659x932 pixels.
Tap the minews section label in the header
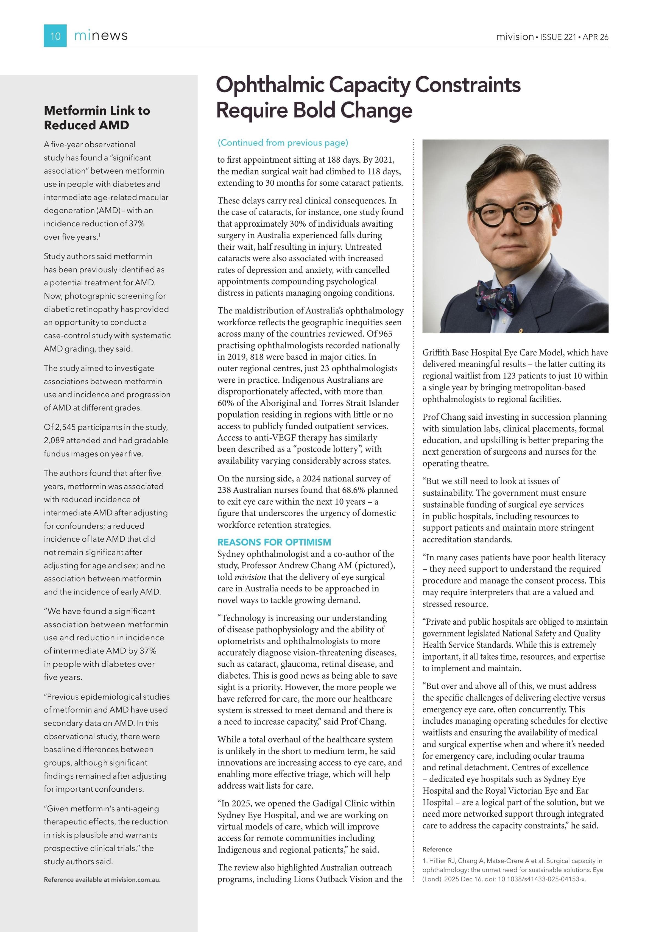[x=101, y=36]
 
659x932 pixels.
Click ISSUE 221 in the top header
[x=558, y=37]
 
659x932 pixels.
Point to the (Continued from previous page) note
[x=283, y=143]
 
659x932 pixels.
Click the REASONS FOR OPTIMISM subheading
[x=274, y=542]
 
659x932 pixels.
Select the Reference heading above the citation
[x=437, y=849]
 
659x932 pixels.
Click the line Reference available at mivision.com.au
[x=102, y=880]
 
